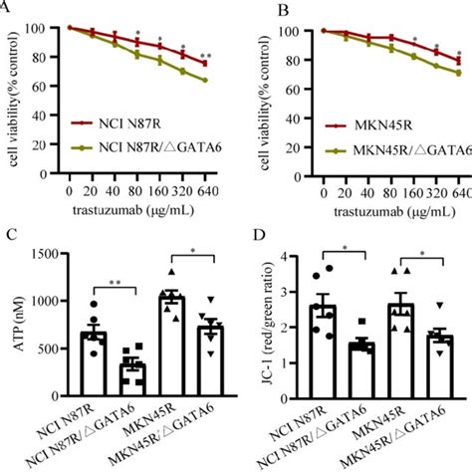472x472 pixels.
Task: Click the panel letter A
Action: [8, 6]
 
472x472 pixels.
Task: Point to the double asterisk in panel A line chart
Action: [205, 55]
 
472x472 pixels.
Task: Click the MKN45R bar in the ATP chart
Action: [172, 339]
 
